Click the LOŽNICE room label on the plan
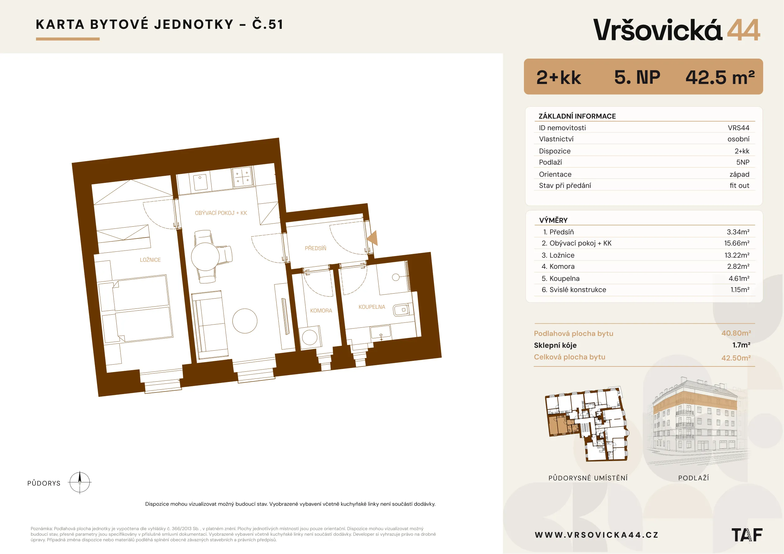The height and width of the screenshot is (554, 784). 150,260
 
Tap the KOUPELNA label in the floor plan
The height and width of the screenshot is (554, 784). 372,307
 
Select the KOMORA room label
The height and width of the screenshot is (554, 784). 321,311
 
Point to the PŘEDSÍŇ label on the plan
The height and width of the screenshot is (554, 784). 316,248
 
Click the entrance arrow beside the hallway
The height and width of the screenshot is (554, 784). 372,238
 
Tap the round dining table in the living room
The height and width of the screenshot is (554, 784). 205,256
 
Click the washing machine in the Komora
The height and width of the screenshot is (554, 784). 310,337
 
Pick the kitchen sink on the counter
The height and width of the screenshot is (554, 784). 201,182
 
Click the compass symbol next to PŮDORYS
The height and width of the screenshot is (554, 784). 79,483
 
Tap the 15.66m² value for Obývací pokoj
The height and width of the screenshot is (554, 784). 737,243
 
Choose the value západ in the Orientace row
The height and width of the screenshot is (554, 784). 739,174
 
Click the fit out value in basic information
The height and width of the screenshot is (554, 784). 740,186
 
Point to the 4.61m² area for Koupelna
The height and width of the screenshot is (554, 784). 739,278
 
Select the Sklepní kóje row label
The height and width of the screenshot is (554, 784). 555,345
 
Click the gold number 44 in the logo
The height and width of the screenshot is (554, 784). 743,30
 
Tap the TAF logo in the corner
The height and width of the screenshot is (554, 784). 747,535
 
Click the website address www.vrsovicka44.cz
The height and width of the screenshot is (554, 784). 597,535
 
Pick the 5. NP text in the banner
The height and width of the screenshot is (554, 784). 637,77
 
